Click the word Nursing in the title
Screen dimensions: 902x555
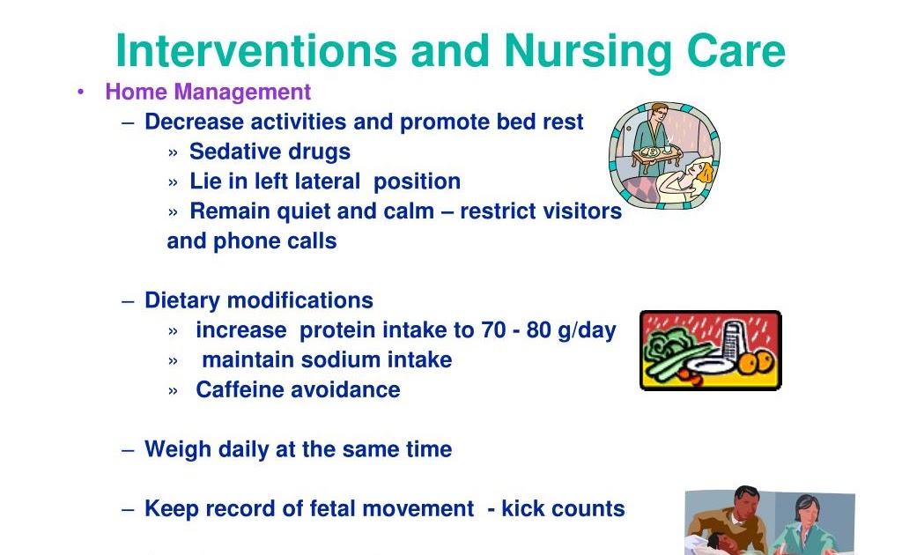588,52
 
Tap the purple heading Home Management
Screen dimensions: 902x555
208,92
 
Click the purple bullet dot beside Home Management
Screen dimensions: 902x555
80,92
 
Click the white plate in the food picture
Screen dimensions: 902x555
711,366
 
